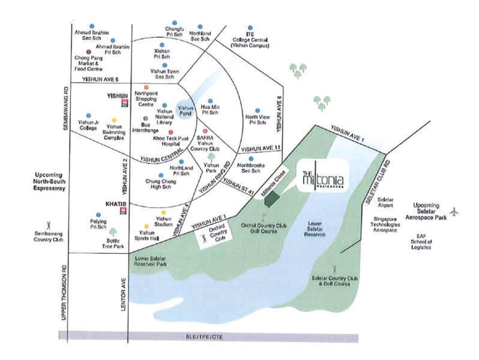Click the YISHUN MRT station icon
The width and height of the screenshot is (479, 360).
point(124,103)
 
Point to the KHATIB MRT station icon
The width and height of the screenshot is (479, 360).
point(124,211)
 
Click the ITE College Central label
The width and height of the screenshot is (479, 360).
point(251,39)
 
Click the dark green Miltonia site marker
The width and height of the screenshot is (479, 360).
point(272,197)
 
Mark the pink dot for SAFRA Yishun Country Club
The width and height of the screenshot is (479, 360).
point(205,131)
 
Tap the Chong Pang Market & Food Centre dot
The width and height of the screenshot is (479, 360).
point(89,52)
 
